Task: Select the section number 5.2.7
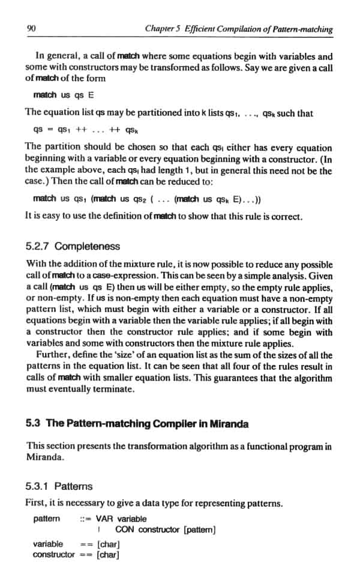pos(40,247)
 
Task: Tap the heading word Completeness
pos(90,247)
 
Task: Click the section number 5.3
pos(34,423)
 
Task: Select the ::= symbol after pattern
pos(85,519)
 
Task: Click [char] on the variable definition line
pos(109,544)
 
